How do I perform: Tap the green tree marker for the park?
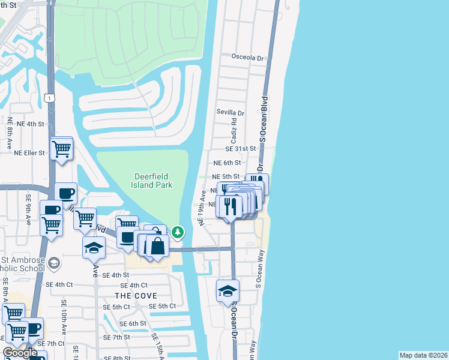(x=178, y=232)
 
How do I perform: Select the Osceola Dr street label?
(x=248, y=58)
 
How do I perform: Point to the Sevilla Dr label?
(x=231, y=113)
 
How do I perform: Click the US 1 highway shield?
(x=50, y=97)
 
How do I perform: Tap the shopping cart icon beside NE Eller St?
(x=62, y=148)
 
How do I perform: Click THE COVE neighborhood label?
(x=136, y=296)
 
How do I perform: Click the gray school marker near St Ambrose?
(x=54, y=263)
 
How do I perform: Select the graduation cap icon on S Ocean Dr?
(x=228, y=291)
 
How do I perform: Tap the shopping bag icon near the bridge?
(x=157, y=247)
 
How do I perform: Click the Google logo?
(x=20, y=353)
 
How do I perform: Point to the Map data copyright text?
(x=423, y=355)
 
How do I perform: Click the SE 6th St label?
(x=131, y=323)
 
